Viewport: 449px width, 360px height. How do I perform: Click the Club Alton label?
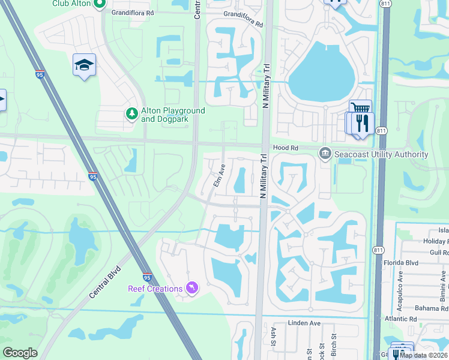pyautogui.click(x=71, y=4)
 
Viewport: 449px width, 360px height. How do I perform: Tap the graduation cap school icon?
pyautogui.click(x=84, y=64)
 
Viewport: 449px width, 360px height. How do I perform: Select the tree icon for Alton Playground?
pyautogui.click(x=131, y=113)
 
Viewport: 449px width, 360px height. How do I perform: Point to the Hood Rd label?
pyautogui.click(x=286, y=147)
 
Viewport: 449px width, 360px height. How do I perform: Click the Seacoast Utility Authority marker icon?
pyautogui.click(x=325, y=154)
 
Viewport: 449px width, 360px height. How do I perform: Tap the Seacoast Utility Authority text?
pyautogui.click(x=381, y=155)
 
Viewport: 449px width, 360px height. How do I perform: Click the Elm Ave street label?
pyautogui.click(x=219, y=175)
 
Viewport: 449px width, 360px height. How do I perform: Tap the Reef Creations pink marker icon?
pyautogui.click(x=192, y=289)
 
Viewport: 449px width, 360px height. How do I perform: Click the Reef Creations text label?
pyautogui.click(x=155, y=289)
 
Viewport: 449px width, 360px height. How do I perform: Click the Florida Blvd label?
pyautogui.click(x=418, y=262)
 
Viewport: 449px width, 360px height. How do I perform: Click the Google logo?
pyautogui.click(x=20, y=353)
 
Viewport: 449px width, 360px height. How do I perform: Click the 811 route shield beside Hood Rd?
pyautogui.click(x=381, y=131)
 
